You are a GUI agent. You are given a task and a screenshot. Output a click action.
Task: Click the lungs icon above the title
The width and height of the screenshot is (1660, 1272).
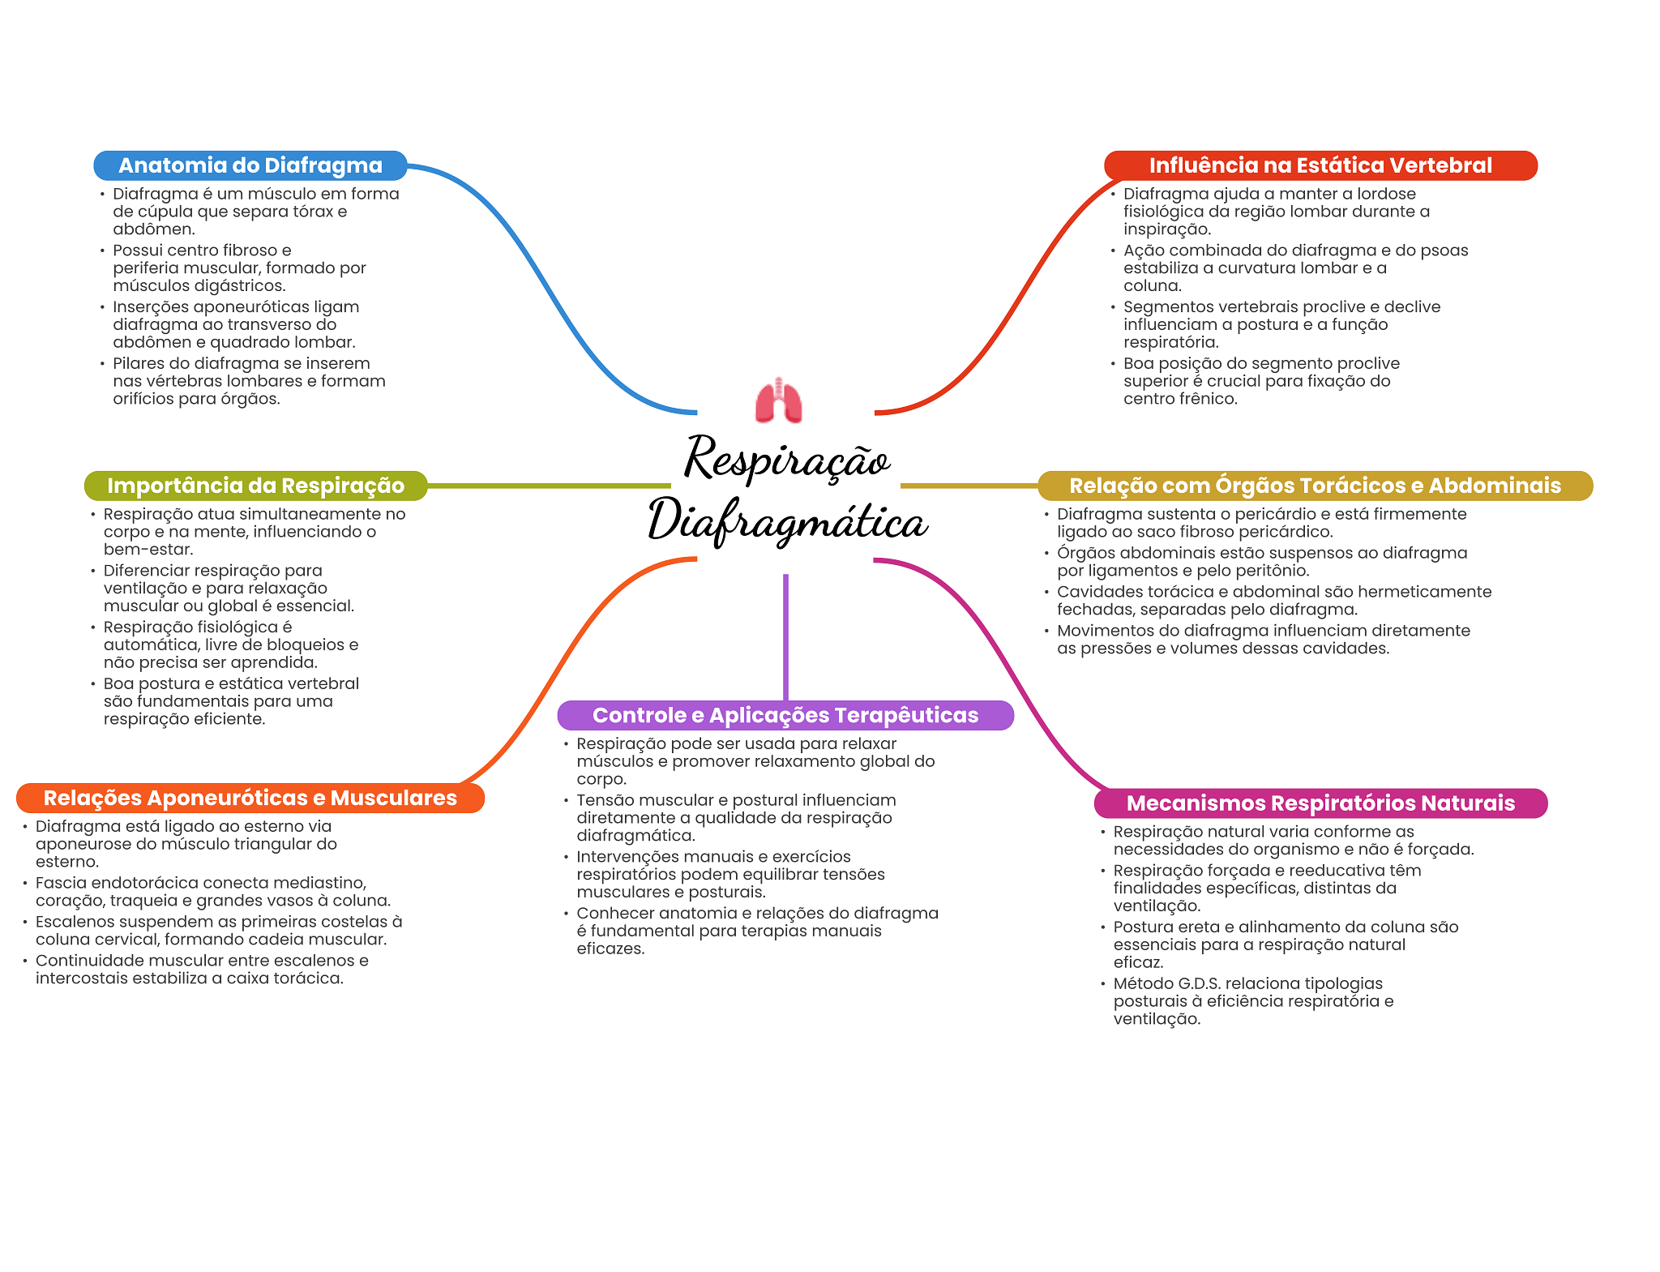point(778,400)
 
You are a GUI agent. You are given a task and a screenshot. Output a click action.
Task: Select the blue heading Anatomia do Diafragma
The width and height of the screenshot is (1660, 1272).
point(250,165)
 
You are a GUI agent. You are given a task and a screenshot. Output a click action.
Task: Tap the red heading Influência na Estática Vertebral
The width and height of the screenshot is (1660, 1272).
point(1320,165)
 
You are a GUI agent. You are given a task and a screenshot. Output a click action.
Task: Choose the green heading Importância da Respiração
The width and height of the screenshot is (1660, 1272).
point(256,486)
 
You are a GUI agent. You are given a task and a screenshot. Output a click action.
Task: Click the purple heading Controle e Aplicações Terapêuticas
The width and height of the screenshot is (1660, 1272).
point(785,715)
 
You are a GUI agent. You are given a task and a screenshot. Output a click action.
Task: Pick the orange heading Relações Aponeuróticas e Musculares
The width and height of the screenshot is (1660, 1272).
point(250,798)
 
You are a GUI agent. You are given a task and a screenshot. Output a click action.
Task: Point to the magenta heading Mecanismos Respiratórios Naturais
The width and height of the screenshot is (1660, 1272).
point(1320,803)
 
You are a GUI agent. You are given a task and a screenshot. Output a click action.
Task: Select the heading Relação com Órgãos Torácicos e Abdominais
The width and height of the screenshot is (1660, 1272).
point(1316,486)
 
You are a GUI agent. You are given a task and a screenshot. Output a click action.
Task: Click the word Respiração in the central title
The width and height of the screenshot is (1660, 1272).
point(787,459)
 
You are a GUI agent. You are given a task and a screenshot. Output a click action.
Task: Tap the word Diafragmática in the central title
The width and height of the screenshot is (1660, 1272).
point(788,521)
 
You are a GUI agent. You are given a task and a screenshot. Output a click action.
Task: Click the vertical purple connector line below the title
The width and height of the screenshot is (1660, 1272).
point(785,637)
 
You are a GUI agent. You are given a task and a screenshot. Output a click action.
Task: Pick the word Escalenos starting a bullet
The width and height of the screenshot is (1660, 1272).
point(71,922)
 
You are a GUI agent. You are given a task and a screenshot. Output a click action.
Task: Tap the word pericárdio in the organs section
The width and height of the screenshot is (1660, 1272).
point(1269,514)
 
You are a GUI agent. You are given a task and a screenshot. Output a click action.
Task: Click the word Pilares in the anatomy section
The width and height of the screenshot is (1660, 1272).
point(140,363)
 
